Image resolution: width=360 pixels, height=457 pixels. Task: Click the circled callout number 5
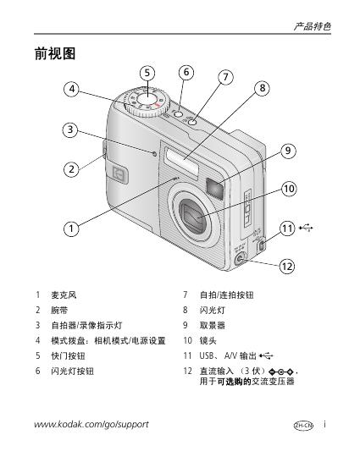click(x=147, y=73)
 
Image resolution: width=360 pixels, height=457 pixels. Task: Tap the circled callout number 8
click(x=262, y=88)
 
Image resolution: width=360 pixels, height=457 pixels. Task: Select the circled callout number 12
click(x=287, y=266)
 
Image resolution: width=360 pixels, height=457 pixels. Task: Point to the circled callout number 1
click(x=71, y=228)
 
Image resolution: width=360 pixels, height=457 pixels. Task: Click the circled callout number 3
click(x=70, y=129)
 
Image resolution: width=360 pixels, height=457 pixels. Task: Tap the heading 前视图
click(x=55, y=53)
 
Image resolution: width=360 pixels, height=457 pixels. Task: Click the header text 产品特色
click(x=313, y=26)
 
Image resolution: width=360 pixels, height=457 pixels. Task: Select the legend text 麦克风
click(x=64, y=295)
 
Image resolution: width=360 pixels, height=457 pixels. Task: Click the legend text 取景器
click(x=212, y=325)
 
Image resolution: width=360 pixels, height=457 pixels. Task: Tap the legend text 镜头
click(x=208, y=340)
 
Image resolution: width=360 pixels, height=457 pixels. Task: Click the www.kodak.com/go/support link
click(x=91, y=424)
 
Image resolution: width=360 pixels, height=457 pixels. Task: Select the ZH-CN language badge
click(x=303, y=426)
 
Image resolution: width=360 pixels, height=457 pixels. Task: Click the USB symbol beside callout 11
click(x=306, y=228)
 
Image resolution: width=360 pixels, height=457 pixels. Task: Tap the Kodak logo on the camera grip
click(x=120, y=174)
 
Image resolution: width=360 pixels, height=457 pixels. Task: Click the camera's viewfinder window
click(x=214, y=189)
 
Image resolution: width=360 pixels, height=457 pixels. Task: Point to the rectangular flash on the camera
click(x=181, y=161)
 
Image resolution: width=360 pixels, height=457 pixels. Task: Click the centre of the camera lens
click(x=194, y=217)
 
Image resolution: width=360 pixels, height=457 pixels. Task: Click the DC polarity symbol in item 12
click(x=282, y=372)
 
